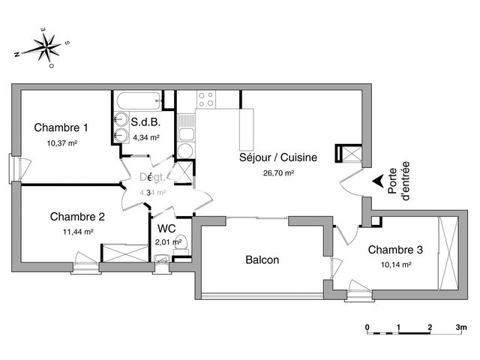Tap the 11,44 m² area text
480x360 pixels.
click(x=78, y=232)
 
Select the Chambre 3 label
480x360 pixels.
click(x=394, y=251)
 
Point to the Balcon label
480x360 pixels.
click(x=262, y=260)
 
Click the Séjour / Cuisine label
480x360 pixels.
click(x=277, y=157)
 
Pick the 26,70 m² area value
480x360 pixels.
click(x=277, y=172)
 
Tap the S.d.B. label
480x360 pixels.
click(x=145, y=122)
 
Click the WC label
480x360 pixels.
click(x=166, y=228)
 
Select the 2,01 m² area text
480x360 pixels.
click(x=169, y=241)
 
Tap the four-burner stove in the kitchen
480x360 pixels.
click(x=205, y=99)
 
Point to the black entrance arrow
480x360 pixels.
click(x=377, y=181)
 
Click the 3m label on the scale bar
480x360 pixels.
click(x=461, y=328)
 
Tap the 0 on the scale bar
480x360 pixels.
click(x=367, y=328)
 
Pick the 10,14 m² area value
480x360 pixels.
click(x=394, y=265)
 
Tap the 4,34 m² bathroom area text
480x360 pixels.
click(x=145, y=137)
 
